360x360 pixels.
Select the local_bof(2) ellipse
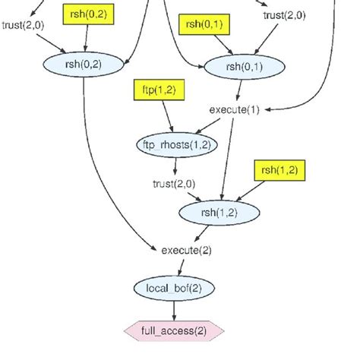pyautogui.click(x=174, y=289)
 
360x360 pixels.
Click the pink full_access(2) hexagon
pyautogui.click(x=174, y=330)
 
